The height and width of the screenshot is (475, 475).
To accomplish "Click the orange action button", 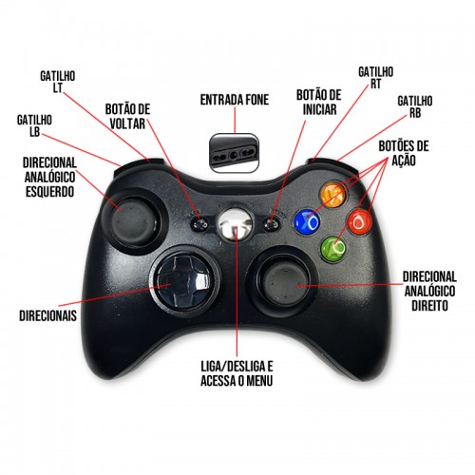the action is [332, 195].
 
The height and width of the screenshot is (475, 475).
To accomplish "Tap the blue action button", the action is [307, 222].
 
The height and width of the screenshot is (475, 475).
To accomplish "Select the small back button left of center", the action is [199, 224].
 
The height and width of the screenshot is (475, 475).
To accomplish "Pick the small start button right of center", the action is [271, 224].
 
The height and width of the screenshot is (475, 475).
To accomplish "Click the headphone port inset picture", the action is [235, 153].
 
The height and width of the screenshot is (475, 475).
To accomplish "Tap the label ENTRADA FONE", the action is [235, 100].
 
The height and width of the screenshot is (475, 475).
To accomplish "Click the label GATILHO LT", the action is [58, 82].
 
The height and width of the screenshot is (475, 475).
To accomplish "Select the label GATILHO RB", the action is [415, 107].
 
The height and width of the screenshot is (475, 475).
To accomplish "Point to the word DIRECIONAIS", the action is [47, 315].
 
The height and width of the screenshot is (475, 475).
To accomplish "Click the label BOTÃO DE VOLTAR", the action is [127, 116].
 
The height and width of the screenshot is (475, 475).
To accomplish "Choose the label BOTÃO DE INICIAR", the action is [319, 103].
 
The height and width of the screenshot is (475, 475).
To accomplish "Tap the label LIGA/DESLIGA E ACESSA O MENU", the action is [237, 373].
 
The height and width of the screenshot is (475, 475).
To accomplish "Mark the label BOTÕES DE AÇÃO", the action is [404, 153].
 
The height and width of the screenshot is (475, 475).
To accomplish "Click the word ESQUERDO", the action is [49, 192].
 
